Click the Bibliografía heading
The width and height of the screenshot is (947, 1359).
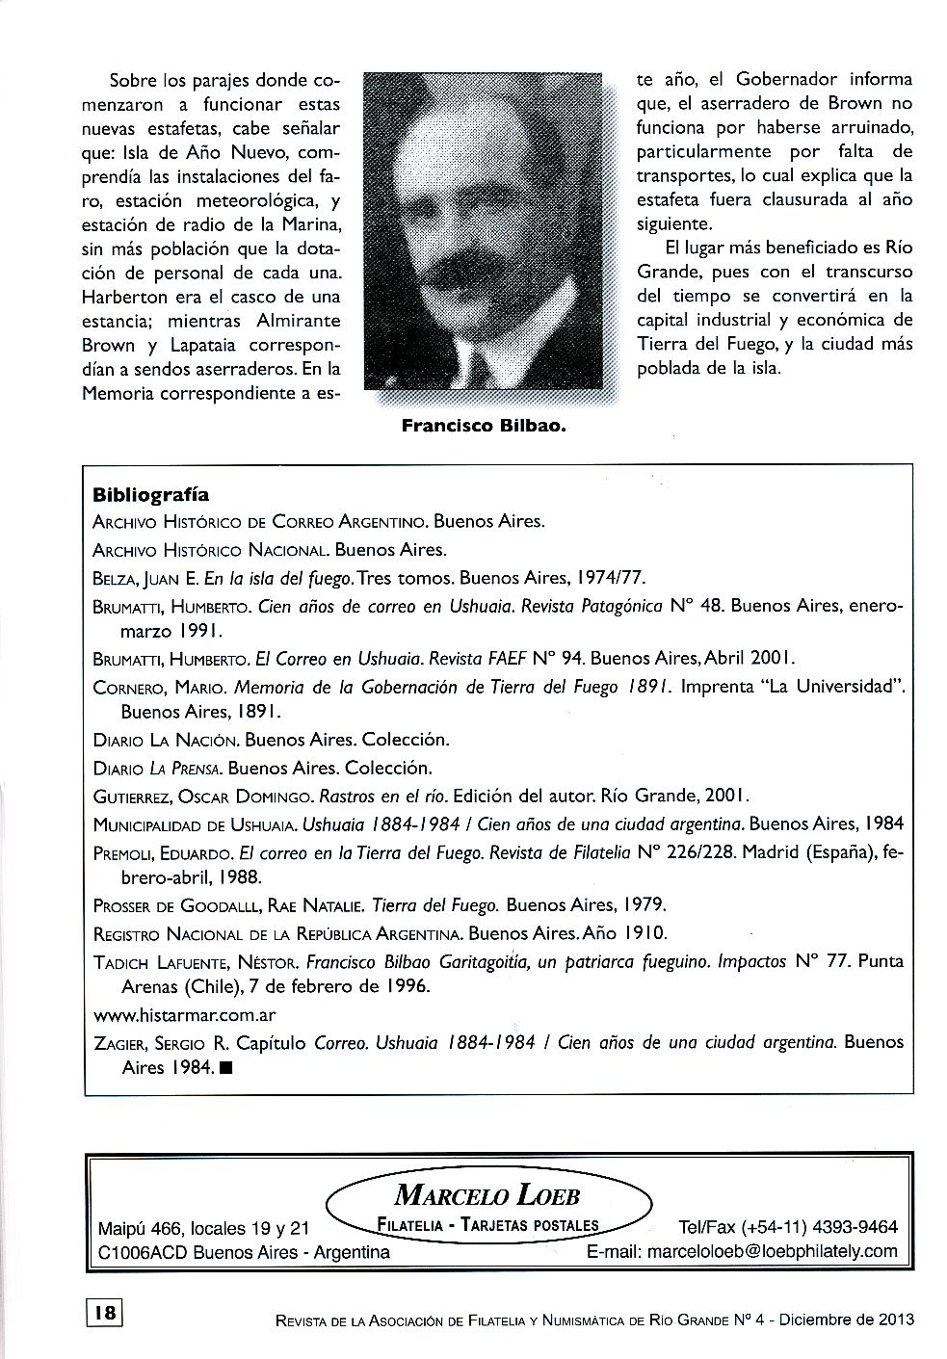(150, 495)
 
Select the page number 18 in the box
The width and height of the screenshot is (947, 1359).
(105, 1312)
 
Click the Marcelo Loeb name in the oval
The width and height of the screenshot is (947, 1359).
(487, 1196)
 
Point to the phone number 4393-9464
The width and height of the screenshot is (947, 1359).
(855, 1227)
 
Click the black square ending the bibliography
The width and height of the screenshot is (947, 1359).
(225, 1068)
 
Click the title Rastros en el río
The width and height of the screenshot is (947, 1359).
(381, 797)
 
